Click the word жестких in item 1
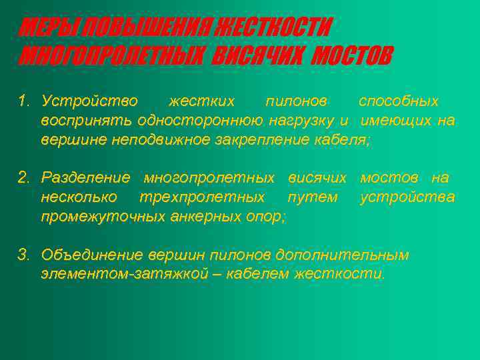[201, 101]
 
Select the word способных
[399, 101]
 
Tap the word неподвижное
[154, 140]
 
